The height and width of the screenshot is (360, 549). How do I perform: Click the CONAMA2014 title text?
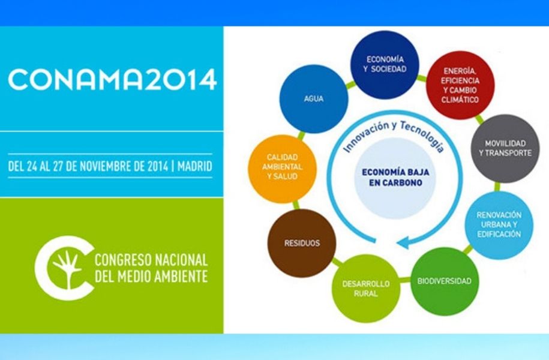click(x=112, y=79)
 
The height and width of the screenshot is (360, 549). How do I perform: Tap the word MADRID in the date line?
click(x=194, y=166)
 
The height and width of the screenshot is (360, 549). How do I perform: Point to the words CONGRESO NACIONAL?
click(x=151, y=260)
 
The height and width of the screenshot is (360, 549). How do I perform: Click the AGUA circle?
click(x=314, y=99)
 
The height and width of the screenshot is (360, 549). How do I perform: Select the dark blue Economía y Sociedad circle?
click(x=385, y=64)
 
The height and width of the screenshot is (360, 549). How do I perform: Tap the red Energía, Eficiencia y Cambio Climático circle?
click(x=460, y=85)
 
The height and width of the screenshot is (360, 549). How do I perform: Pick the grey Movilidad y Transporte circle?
click(x=505, y=148)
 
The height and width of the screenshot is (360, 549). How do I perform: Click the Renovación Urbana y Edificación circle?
click(x=499, y=224)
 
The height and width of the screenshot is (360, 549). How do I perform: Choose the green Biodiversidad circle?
click(x=445, y=281)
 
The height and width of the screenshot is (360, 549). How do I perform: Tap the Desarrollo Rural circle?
click(x=366, y=289)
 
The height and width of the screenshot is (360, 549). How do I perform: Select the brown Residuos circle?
click(x=302, y=243)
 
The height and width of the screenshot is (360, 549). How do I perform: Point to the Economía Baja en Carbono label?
click(x=395, y=178)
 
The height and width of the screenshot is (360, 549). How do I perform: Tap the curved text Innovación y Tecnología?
click(x=395, y=134)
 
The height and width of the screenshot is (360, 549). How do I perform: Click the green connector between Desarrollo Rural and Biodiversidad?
click(x=405, y=280)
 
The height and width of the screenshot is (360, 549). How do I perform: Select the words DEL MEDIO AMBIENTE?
click(x=151, y=277)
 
